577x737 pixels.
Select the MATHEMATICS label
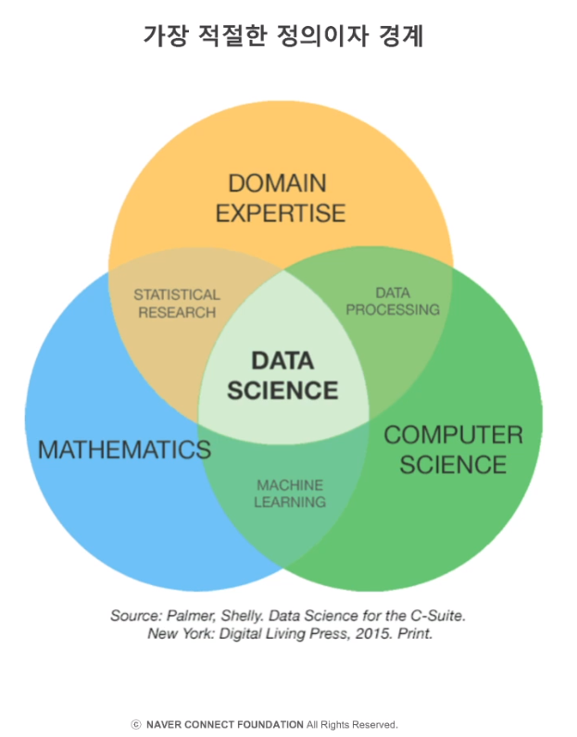point(124,450)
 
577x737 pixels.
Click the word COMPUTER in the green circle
point(453,434)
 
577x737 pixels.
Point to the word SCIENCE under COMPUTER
point(453,464)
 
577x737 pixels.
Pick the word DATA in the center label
point(282,360)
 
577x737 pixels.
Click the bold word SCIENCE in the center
point(282,390)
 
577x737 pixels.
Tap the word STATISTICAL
point(177,294)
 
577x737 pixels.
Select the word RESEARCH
point(177,312)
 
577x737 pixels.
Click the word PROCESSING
point(393,309)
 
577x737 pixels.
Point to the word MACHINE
point(290,485)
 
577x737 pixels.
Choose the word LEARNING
point(290,502)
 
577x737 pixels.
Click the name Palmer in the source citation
point(193,615)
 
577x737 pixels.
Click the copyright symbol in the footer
point(136,724)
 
